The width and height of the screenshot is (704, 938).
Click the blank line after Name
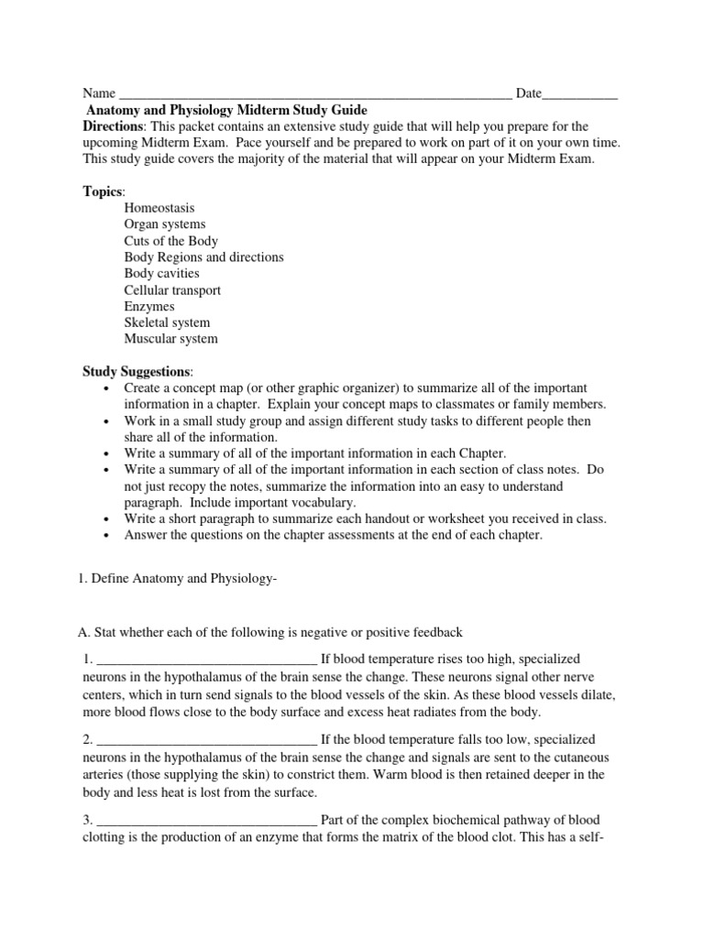(x=315, y=93)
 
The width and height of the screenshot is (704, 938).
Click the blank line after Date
(x=580, y=93)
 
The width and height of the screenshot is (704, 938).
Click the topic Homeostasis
(x=159, y=208)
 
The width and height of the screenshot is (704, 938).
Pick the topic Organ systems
(x=165, y=224)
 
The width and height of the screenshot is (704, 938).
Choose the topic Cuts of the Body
(x=170, y=241)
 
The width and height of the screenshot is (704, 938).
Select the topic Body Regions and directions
(x=203, y=257)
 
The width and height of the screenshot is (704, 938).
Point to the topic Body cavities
(x=161, y=273)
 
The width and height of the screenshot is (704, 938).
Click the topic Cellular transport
(x=172, y=290)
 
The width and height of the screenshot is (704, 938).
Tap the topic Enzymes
(x=149, y=307)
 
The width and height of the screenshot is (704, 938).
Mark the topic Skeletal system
(x=167, y=322)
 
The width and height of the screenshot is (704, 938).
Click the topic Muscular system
(x=170, y=339)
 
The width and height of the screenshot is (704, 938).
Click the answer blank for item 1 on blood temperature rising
(x=206, y=660)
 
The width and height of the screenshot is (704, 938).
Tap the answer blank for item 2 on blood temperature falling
(x=206, y=740)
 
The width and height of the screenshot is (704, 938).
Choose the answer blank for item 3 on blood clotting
(x=206, y=820)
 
